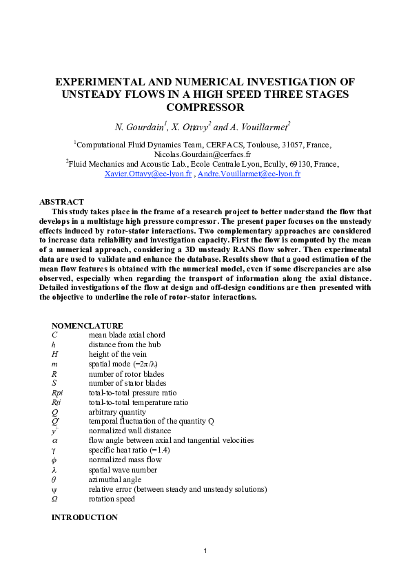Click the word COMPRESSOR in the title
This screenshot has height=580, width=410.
[x=205, y=107]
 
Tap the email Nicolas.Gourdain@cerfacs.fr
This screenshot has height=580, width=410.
[x=205, y=155]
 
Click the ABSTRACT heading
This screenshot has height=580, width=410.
[x=61, y=202]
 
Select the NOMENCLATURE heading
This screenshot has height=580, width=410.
[x=87, y=325]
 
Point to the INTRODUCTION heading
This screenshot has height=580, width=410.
[x=84, y=517]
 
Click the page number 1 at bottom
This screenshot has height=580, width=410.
[x=205, y=551]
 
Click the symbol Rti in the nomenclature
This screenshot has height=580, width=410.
[x=57, y=402]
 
